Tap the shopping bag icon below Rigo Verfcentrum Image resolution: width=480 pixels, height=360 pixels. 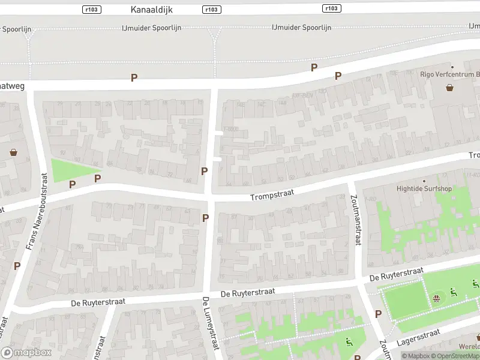pyautogui.click(x=450, y=88)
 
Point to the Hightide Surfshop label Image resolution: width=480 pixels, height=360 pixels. pyautogui.click(x=424, y=188)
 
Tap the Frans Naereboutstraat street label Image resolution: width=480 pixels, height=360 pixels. pyautogui.click(x=36, y=211)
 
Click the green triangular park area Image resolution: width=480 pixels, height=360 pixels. pyautogui.click(x=68, y=170)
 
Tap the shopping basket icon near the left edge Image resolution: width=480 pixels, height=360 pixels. pyautogui.click(x=14, y=152)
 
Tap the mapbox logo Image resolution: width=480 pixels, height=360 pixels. pyautogui.click(x=27, y=352)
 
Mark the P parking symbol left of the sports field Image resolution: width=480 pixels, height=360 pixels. pyautogui.click(x=378, y=314)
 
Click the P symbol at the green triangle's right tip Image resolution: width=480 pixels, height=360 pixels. pyautogui.click(x=98, y=178)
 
